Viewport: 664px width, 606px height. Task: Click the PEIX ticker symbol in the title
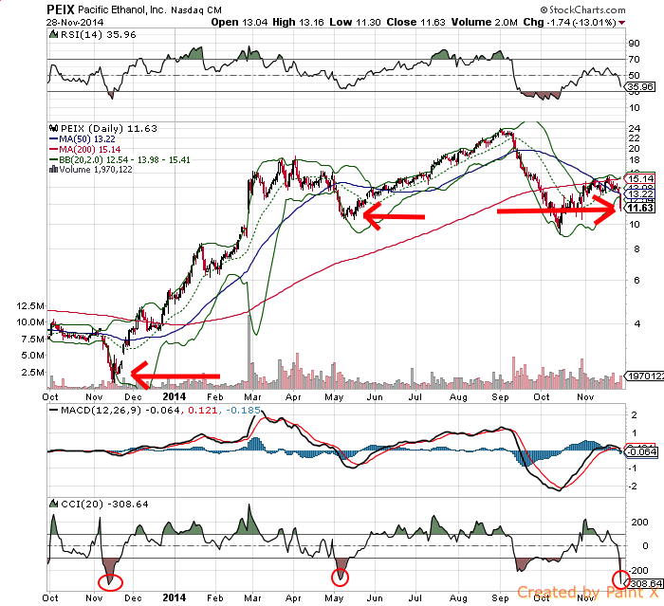[x=58, y=8]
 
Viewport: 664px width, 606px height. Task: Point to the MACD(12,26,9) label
[x=90, y=411]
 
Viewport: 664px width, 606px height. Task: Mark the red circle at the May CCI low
[x=340, y=577]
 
